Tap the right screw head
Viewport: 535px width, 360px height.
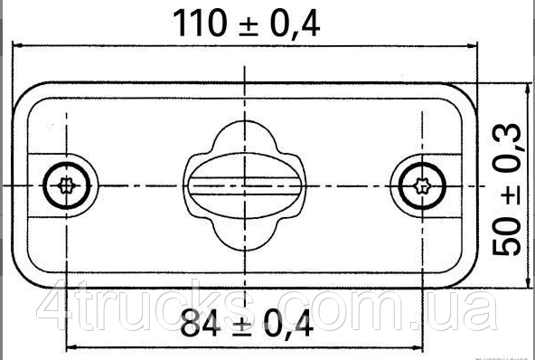pos(419,187)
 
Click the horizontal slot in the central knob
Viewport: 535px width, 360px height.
pos(242,187)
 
